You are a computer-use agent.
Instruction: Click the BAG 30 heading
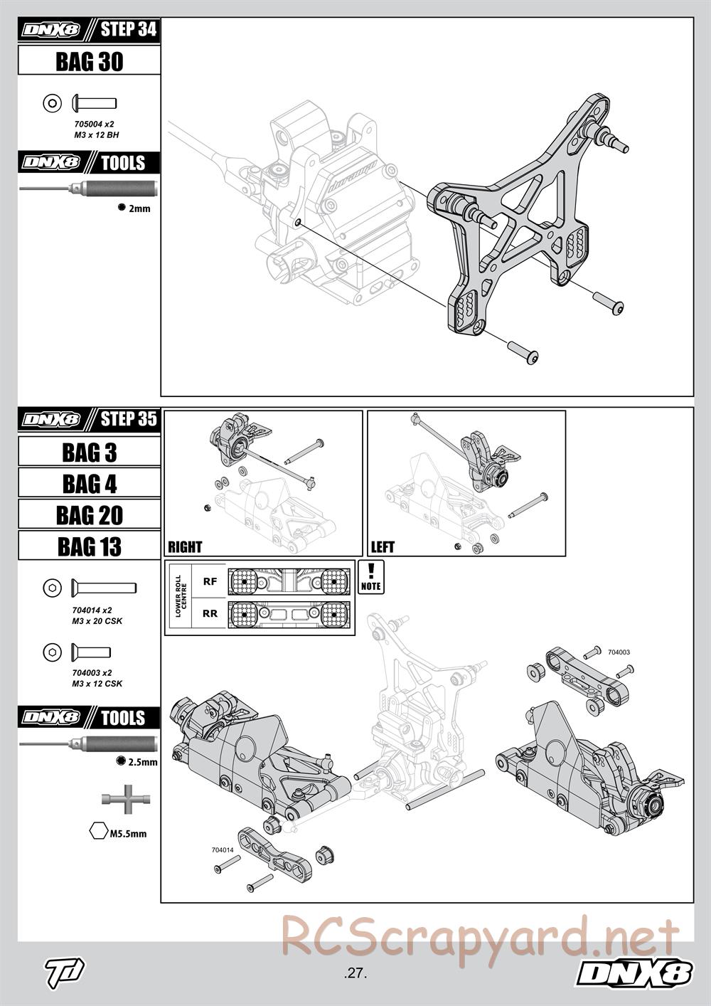point(89,62)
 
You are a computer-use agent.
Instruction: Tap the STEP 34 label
point(128,30)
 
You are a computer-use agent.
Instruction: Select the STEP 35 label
point(128,418)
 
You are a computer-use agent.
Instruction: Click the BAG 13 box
point(89,546)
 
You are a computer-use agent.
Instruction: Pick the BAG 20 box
point(89,515)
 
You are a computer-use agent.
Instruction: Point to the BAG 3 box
point(89,452)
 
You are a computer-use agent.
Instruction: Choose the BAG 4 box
point(89,484)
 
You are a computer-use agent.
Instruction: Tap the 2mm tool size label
point(139,208)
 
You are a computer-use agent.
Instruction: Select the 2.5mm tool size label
point(142,762)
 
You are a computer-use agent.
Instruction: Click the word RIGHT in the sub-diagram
point(185,547)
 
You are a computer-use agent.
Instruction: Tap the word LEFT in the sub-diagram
point(383,547)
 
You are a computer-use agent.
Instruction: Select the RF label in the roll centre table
point(210,581)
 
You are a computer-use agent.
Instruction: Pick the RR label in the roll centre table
point(210,613)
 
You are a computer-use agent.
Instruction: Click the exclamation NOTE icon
point(371,576)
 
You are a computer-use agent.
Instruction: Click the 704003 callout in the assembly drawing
point(619,651)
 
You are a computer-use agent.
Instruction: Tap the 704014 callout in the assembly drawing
point(223,849)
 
